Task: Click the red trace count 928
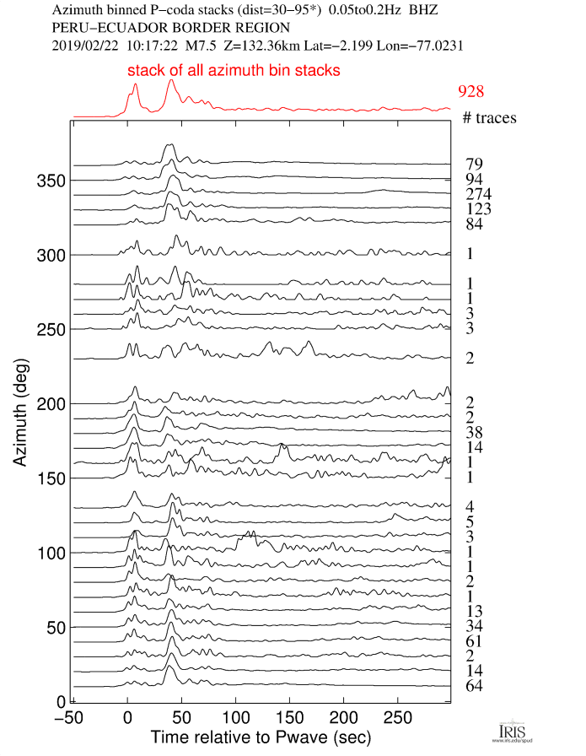click(x=470, y=92)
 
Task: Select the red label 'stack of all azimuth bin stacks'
click(x=234, y=72)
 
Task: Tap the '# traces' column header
click(x=490, y=118)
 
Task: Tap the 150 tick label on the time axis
click(x=289, y=717)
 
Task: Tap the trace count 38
click(x=473, y=433)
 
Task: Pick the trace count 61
click(x=473, y=641)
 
